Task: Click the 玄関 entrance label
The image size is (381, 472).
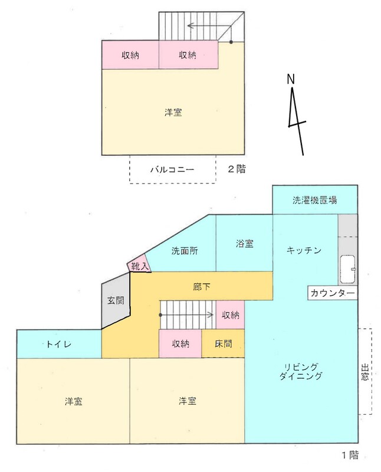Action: [116, 300]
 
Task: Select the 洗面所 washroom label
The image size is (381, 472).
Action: [185, 251]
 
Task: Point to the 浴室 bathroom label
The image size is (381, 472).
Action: [244, 244]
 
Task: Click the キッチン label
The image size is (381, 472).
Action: [304, 250]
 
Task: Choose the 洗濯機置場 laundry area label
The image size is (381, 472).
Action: [315, 200]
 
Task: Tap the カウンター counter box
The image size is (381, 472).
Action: [332, 293]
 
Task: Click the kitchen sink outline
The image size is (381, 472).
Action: [348, 270]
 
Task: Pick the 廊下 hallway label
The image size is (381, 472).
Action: [202, 287]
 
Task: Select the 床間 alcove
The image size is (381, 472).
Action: [223, 343]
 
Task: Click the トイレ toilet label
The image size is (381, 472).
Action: [59, 344]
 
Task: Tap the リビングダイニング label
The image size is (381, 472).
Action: [301, 372]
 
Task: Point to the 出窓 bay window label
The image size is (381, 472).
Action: [365, 372]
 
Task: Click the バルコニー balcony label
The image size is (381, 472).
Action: [172, 169]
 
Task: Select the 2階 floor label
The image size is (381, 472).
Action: [237, 169]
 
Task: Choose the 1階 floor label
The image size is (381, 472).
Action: [350, 455]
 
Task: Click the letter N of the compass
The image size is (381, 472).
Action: [290, 79]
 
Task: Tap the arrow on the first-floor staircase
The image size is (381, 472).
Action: [186, 315]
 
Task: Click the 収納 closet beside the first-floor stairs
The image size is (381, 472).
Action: [230, 315]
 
